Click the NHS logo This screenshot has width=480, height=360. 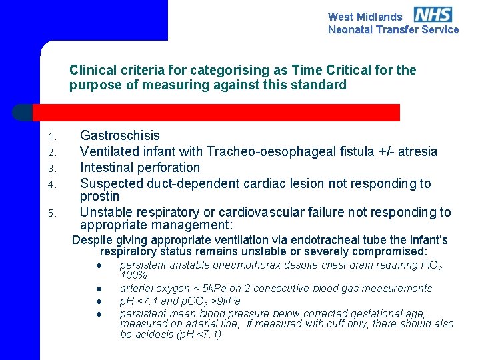coord(433,15)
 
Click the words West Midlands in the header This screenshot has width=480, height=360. coord(365,17)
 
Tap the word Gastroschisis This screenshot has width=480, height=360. coord(120,135)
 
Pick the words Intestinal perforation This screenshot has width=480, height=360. coord(140,167)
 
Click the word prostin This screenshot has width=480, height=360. coord(99,197)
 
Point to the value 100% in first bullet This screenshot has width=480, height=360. coord(133,275)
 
